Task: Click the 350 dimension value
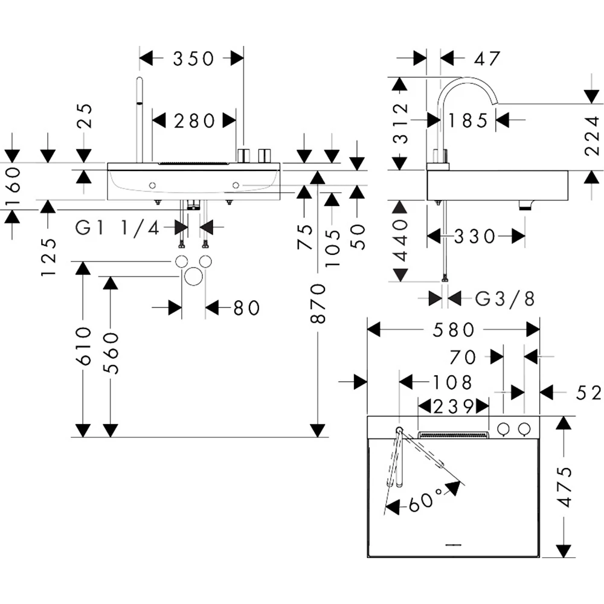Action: (193, 59)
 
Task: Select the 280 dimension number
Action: (194, 121)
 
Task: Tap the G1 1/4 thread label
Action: (118, 228)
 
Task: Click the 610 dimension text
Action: (83, 345)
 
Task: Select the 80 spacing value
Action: (246, 308)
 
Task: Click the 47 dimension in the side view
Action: (487, 59)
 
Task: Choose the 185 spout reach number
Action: (469, 121)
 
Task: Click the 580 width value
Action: (454, 330)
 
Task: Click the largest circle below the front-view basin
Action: (193, 277)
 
